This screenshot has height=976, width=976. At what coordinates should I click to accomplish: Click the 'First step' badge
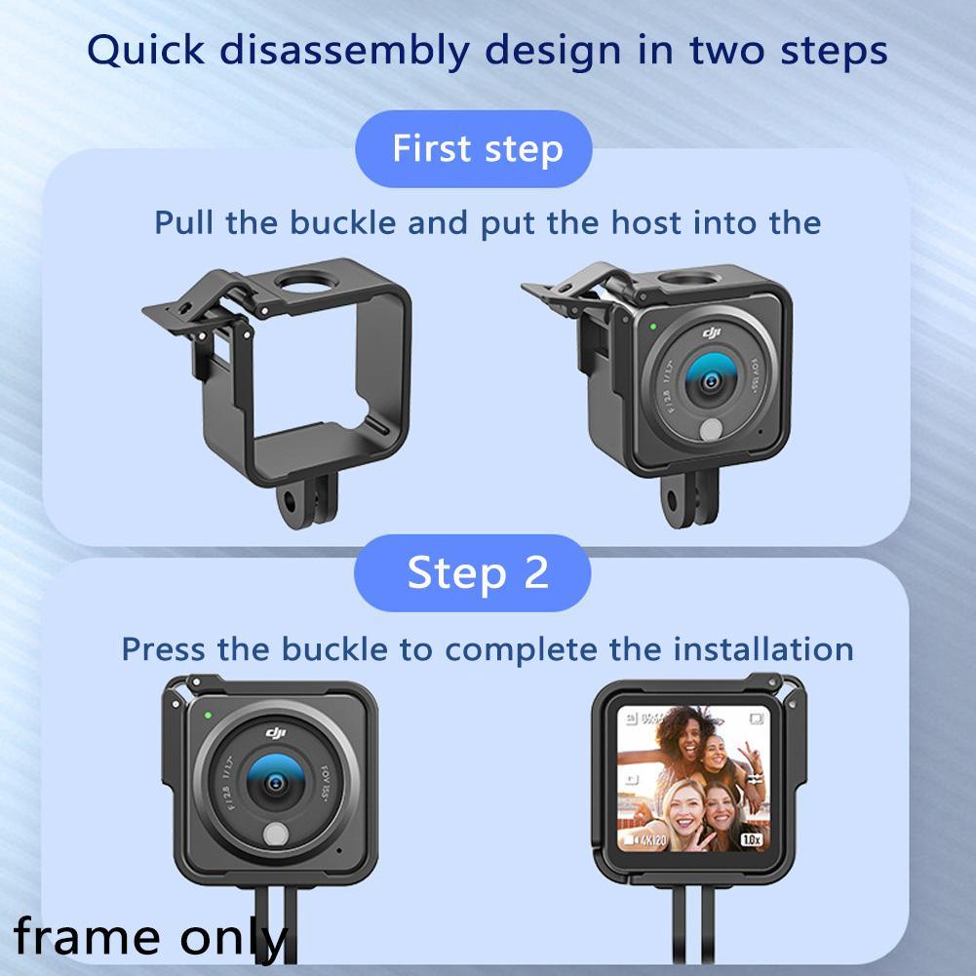click(x=477, y=149)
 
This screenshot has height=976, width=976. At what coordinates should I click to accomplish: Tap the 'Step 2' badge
click(x=477, y=572)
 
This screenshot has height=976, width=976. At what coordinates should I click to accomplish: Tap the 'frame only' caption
click(x=151, y=937)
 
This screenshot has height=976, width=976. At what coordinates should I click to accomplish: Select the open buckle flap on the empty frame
click(x=190, y=305)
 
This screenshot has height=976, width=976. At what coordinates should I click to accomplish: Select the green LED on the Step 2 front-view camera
click(x=208, y=715)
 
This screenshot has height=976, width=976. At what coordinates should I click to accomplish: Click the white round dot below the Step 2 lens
click(x=277, y=834)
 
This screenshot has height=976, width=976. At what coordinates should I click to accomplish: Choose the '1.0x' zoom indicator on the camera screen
click(x=750, y=838)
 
